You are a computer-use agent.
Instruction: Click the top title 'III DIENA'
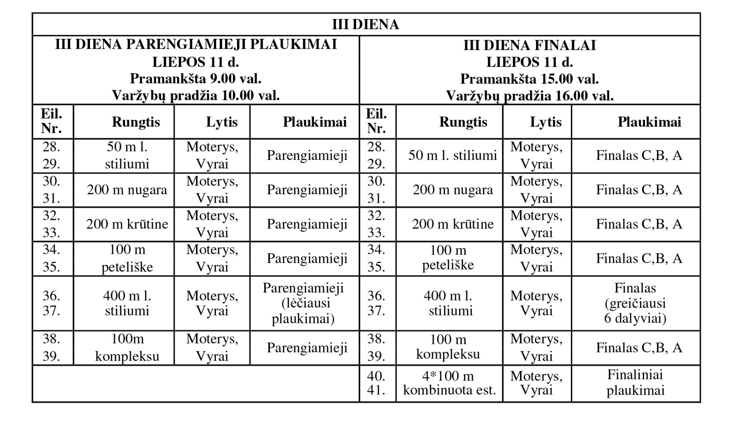(x=365, y=24)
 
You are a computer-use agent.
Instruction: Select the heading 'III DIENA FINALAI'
(x=530, y=45)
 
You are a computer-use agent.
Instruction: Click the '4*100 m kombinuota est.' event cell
(x=449, y=383)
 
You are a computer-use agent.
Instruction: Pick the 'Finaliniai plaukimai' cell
(x=635, y=383)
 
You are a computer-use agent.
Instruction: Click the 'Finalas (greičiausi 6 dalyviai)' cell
(x=635, y=303)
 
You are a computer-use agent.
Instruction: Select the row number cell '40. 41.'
(x=376, y=383)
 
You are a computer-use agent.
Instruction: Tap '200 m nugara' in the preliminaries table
(x=127, y=190)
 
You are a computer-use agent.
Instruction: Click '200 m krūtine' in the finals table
(x=453, y=224)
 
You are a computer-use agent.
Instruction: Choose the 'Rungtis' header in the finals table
(x=463, y=122)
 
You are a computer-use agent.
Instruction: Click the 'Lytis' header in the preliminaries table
(x=222, y=122)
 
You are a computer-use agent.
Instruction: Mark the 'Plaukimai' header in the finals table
(x=649, y=122)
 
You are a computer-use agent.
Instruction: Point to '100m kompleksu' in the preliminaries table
(x=127, y=348)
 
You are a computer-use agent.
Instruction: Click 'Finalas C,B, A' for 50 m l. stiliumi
(x=639, y=156)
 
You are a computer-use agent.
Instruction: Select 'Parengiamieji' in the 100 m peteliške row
(x=307, y=259)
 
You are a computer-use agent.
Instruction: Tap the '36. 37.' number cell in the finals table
(x=376, y=303)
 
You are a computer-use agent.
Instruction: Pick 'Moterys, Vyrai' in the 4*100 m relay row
(x=536, y=383)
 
